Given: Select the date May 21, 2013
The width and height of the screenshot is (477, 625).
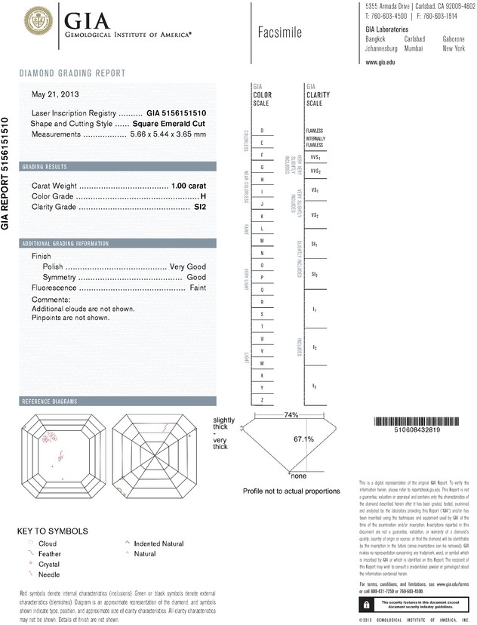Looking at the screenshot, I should (55, 95).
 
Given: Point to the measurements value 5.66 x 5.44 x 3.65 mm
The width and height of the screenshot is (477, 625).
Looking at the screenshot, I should (168, 134).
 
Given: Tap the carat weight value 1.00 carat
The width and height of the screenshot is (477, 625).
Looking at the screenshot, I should (189, 186).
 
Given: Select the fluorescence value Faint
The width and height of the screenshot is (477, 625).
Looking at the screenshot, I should (197, 288).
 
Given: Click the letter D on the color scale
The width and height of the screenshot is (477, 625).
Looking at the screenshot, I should (261, 131).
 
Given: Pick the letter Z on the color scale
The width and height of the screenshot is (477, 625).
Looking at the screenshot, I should (261, 399).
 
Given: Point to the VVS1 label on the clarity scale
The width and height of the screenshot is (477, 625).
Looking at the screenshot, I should (315, 158).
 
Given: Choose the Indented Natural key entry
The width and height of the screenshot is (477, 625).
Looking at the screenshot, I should (158, 543).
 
